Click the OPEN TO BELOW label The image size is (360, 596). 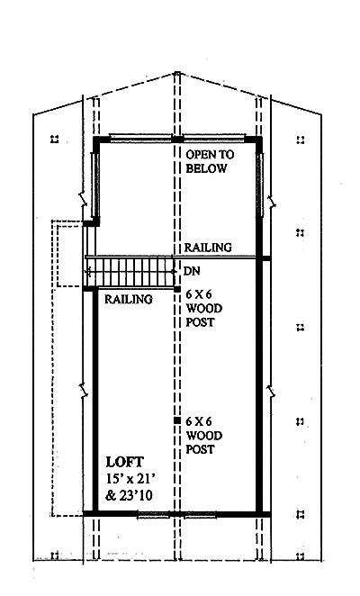pos(209,162)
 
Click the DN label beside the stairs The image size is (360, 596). pos(191,270)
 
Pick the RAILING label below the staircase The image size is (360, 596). pos(128,299)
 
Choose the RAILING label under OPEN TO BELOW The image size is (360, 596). pos(208,248)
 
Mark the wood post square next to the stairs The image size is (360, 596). pos(177,288)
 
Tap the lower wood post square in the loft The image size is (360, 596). pos(177,420)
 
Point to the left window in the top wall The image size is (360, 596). pos(139,138)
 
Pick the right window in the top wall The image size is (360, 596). pos(213,138)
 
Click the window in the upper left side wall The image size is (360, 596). pos(94,185)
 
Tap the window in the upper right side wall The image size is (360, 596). pos(262,185)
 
